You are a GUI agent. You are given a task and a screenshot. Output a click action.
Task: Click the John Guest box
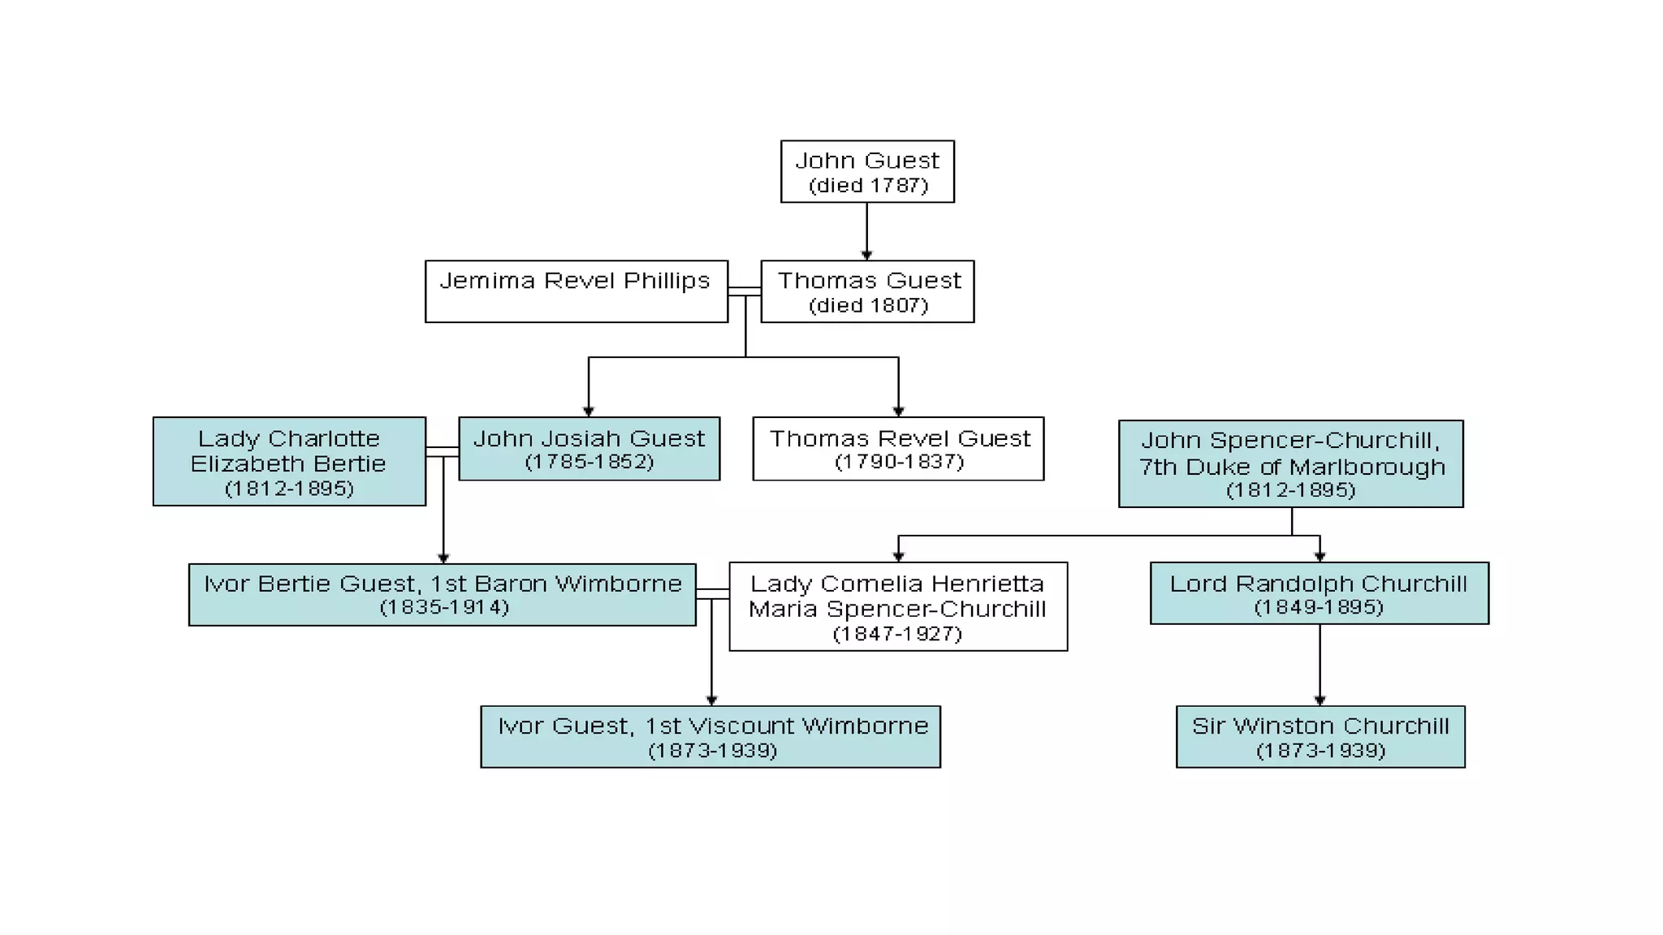point(867,171)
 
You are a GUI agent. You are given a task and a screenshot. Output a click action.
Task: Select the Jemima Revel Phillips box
point(576,291)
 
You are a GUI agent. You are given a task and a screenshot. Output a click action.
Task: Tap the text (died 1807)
point(868,306)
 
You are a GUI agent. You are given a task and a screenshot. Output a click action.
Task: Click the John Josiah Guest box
point(589,449)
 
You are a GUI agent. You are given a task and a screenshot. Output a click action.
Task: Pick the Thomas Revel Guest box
point(898,449)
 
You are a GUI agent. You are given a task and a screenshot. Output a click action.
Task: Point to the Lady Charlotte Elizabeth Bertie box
point(289,462)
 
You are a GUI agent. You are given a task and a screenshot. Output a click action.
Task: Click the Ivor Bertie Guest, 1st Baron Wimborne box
point(442,595)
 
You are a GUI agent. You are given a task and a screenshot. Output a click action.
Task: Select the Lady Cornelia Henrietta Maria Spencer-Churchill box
point(898,607)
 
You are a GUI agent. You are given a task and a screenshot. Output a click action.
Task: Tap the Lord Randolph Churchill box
point(1319,593)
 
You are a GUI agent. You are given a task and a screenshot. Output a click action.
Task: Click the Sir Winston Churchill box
point(1320,737)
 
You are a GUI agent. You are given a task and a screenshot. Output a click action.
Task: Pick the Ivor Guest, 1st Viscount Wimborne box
point(711,737)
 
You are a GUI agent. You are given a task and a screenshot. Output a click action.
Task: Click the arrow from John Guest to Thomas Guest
point(866,231)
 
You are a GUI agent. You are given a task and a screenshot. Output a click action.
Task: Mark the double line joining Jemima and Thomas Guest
point(744,292)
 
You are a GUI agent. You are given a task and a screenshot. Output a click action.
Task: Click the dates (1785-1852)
point(589,462)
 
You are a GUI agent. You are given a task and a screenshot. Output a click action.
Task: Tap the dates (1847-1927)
point(897,634)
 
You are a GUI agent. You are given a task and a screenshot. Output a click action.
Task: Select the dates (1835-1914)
point(444,607)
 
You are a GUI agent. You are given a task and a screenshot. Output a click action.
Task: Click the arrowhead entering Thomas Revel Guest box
point(898,411)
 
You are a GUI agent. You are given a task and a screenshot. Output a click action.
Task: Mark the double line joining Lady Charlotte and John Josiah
point(442,452)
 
